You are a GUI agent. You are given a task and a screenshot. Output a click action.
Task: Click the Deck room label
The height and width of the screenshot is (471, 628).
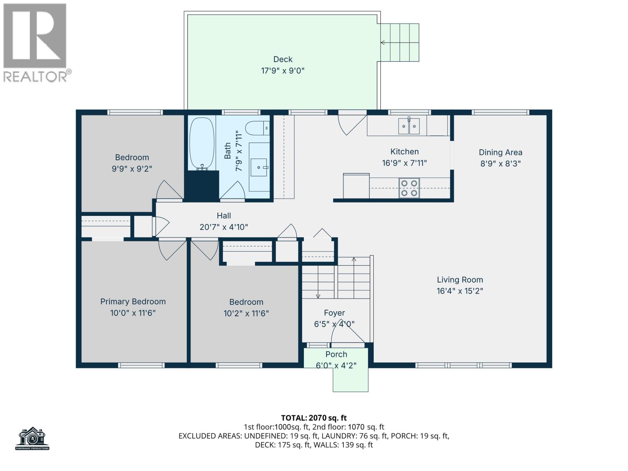(283, 59)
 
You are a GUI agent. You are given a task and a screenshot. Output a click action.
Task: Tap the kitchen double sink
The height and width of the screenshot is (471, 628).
(409, 126)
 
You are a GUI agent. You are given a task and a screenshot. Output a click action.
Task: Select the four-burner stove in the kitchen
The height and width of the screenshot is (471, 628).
(409, 188)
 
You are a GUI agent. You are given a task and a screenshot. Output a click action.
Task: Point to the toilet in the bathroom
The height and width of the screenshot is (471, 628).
(257, 128)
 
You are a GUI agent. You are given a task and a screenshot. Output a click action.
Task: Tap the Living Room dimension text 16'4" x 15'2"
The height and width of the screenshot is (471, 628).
(460, 291)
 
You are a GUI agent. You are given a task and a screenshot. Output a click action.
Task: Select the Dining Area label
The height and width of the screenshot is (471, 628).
(500, 152)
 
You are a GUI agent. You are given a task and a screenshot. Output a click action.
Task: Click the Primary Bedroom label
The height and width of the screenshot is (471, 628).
(133, 301)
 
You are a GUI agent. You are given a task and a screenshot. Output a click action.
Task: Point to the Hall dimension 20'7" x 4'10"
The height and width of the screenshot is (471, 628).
(224, 227)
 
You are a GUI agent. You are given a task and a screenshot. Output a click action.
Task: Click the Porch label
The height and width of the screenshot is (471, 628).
(336, 354)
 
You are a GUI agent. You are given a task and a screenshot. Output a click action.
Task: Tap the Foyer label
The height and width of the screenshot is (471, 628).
(334, 313)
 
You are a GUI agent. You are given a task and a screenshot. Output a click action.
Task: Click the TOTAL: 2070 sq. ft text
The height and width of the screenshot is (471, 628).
(314, 418)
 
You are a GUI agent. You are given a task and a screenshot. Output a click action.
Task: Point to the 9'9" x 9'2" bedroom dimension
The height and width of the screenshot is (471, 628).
(132, 169)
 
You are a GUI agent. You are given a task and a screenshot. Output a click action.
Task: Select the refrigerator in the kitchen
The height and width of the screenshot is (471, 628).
(356, 186)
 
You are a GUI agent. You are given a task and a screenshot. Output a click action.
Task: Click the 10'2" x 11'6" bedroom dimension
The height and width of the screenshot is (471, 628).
(246, 313)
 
